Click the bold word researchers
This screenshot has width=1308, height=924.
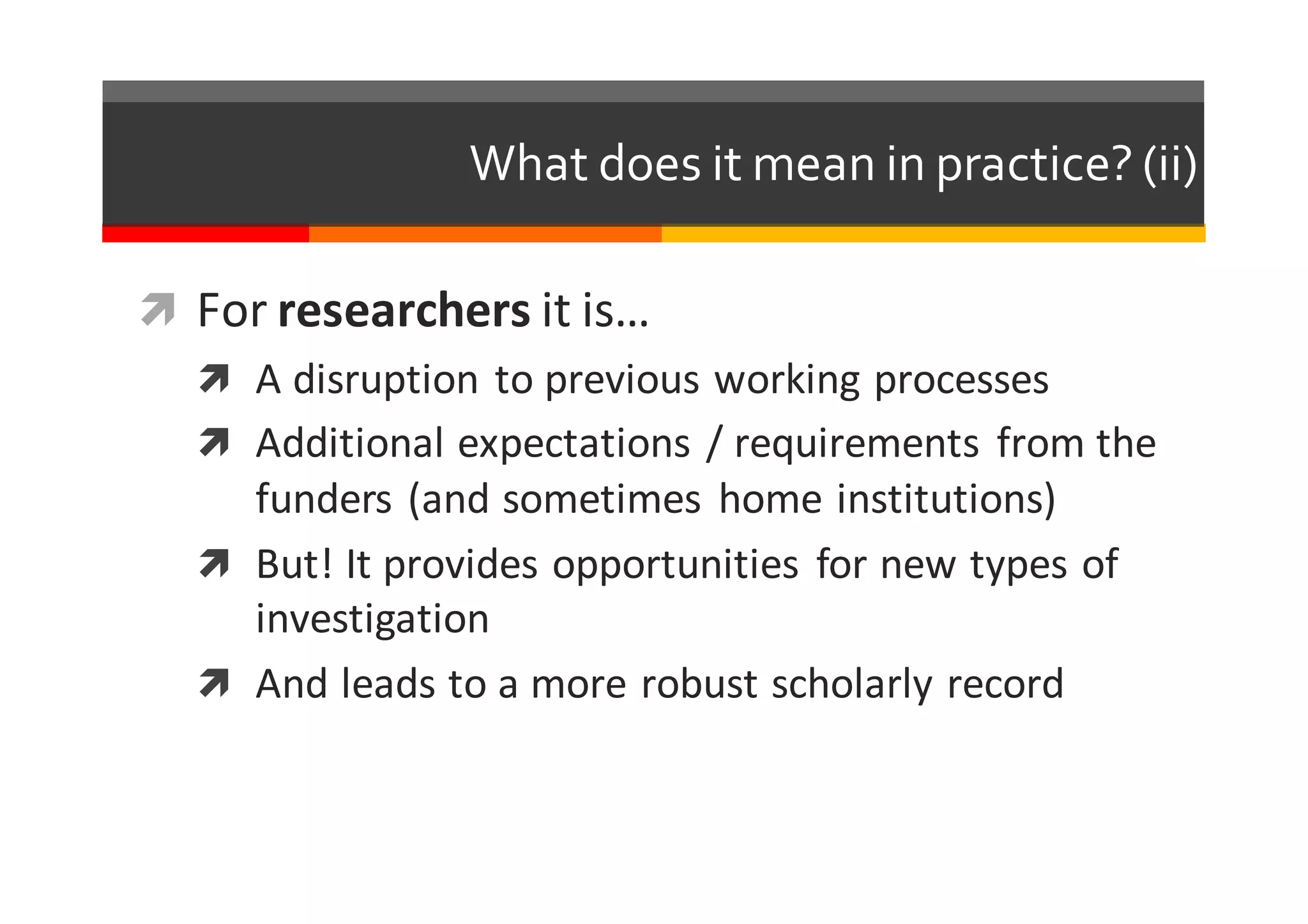[x=404, y=311]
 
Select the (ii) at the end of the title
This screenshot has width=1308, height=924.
[x=1169, y=165]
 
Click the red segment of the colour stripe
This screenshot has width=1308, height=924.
[x=205, y=234]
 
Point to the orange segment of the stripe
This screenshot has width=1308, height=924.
[x=485, y=234]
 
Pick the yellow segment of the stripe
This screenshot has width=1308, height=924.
[x=933, y=234]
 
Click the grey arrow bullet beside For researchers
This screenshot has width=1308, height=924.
[x=158, y=309]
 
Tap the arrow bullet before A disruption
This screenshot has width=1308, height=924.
[x=214, y=378]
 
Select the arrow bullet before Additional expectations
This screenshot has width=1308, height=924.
[x=214, y=442]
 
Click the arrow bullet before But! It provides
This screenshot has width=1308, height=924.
[x=214, y=563]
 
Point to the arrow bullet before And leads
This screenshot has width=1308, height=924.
[x=214, y=683]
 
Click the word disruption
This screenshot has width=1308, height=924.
[x=385, y=380]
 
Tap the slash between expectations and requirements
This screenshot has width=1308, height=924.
[x=713, y=443]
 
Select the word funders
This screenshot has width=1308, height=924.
[x=323, y=499]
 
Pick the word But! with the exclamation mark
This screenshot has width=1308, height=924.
[x=294, y=564]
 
